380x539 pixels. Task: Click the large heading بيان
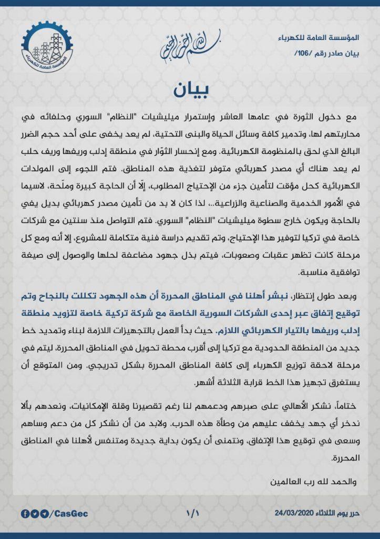190,89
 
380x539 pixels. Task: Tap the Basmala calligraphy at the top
190,47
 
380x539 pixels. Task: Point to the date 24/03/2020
294,513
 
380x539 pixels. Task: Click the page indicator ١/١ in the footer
190,513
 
